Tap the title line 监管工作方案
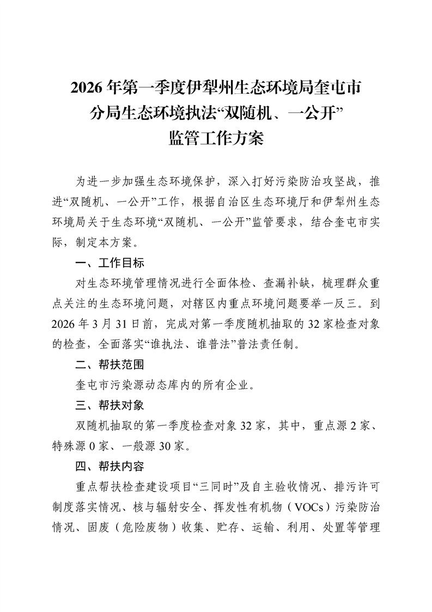(x=216, y=139)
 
